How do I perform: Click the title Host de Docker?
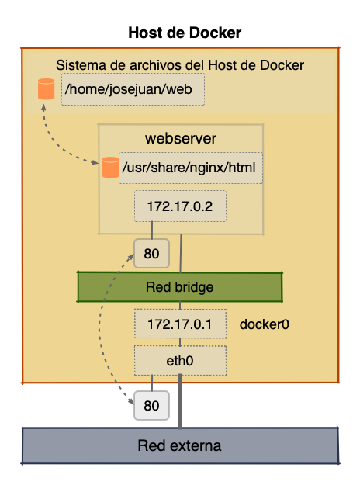pos(185,33)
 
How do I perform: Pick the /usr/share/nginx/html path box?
pos(190,168)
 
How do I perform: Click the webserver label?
pos(181,139)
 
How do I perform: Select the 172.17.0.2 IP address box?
pos(180,206)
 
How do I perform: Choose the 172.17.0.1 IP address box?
pos(180,324)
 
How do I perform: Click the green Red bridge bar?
pos(180,287)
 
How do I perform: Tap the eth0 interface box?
pos(180,360)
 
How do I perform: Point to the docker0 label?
pos(264,324)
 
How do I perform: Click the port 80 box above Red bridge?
pos(151,252)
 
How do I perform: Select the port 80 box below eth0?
pos(151,405)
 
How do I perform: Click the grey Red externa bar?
pos(180,445)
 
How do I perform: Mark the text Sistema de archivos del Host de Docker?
pos(181,64)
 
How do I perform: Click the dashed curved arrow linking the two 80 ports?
pos(104,330)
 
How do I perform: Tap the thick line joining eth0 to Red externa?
pos(182,400)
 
